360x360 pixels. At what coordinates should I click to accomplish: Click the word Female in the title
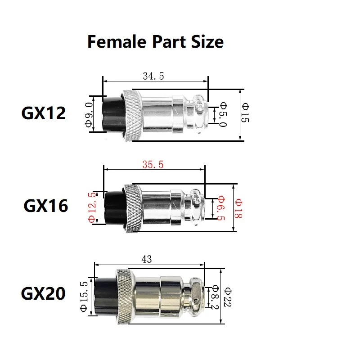point(117,42)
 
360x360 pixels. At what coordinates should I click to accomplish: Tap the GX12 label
point(43,113)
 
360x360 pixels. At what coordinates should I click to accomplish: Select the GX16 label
point(46,206)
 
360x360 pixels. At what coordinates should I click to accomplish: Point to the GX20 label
point(43,293)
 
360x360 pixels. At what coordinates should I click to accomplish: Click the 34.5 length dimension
point(153,76)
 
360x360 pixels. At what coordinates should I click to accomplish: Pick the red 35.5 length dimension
point(153,164)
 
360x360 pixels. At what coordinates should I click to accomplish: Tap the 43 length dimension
point(147,259)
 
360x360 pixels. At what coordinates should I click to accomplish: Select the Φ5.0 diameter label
point(223,115)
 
